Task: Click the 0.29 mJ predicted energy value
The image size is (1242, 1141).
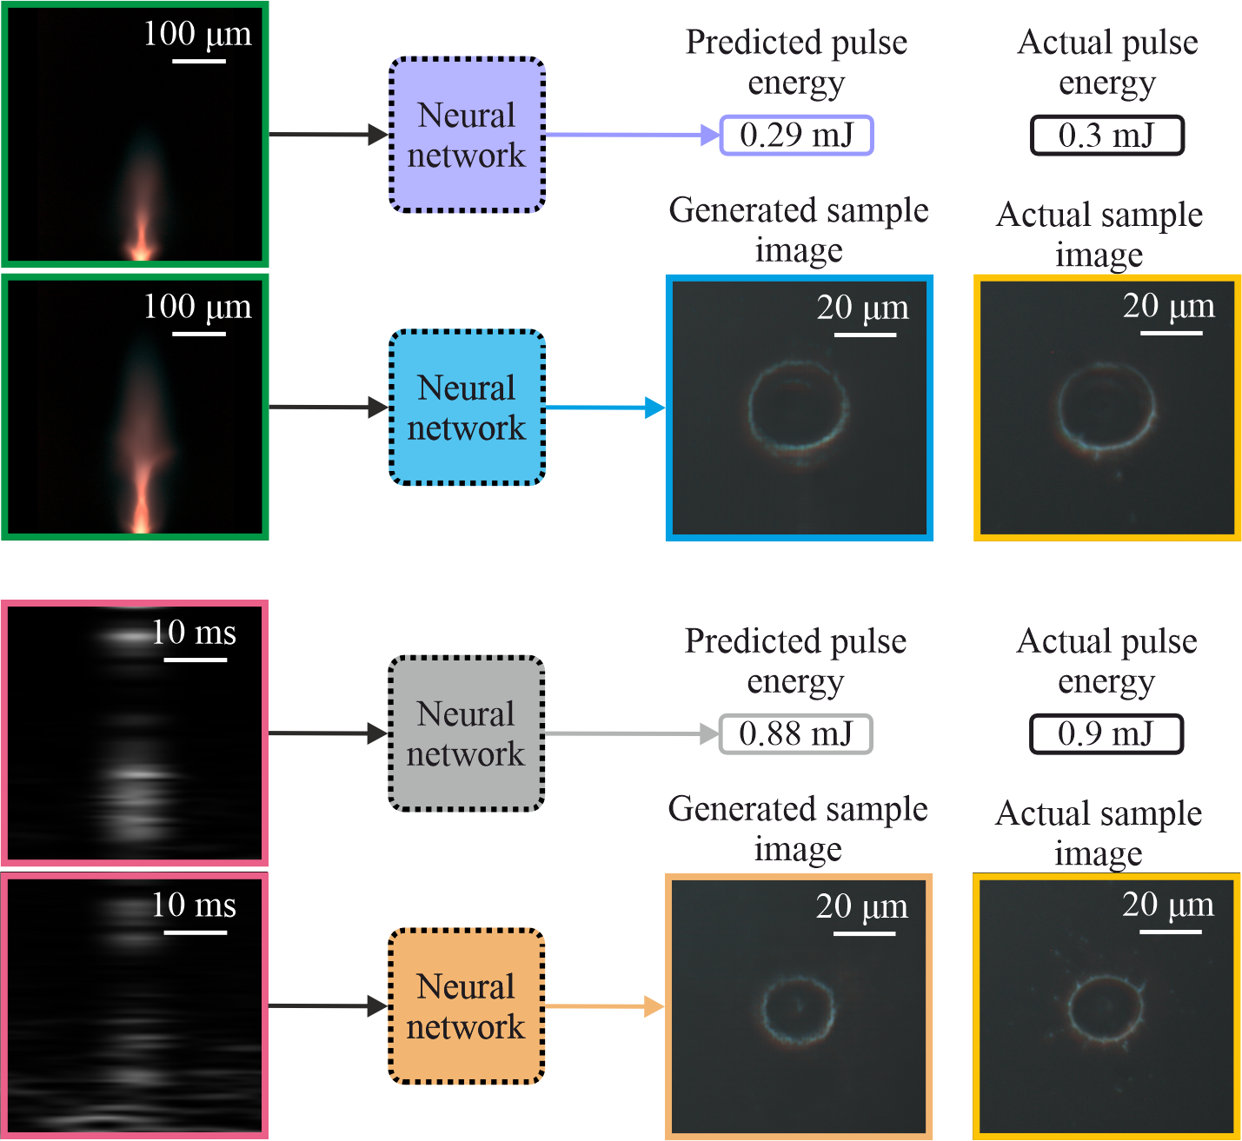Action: (x=796, y=136)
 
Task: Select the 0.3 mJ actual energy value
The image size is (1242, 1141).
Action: (x=1106, y=136)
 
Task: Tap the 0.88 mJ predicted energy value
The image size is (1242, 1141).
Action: (x=795, y=734)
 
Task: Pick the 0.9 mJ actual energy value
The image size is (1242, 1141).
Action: (x=1106, y=734)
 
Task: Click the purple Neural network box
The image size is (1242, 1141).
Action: (x=467, y=135)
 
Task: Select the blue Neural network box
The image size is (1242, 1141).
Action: (x=467, y=408)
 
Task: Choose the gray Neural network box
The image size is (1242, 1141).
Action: (x=466, y=733)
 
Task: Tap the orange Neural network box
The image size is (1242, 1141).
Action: (x=466, y=1006)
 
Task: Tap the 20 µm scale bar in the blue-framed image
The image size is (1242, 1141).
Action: (x=865, y=335)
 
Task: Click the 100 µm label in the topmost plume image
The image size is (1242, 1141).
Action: (x=197, y=35)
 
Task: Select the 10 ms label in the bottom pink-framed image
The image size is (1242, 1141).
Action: (x=193, y=906)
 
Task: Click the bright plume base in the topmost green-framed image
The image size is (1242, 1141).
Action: (x=140, y=252)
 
